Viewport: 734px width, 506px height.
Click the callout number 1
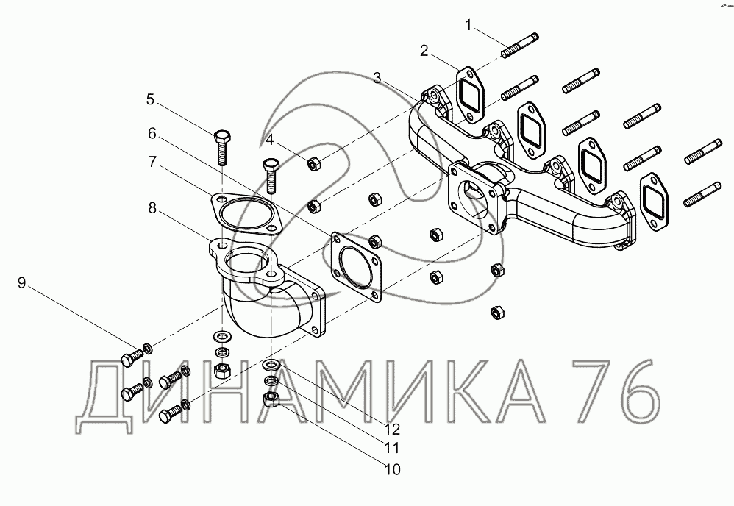pos(468,25)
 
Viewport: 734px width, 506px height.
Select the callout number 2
pos(424,51)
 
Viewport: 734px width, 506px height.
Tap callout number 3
pos(378,78)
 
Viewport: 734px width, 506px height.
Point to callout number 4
pos(269,140)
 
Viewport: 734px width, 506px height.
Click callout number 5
pos(150,99)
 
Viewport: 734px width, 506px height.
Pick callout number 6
pos(152,133)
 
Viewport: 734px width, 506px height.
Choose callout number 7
pos(152,162)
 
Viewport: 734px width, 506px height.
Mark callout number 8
pos(152,207)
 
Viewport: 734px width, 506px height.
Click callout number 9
pos(21,282)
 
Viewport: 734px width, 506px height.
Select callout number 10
pos(392,469)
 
